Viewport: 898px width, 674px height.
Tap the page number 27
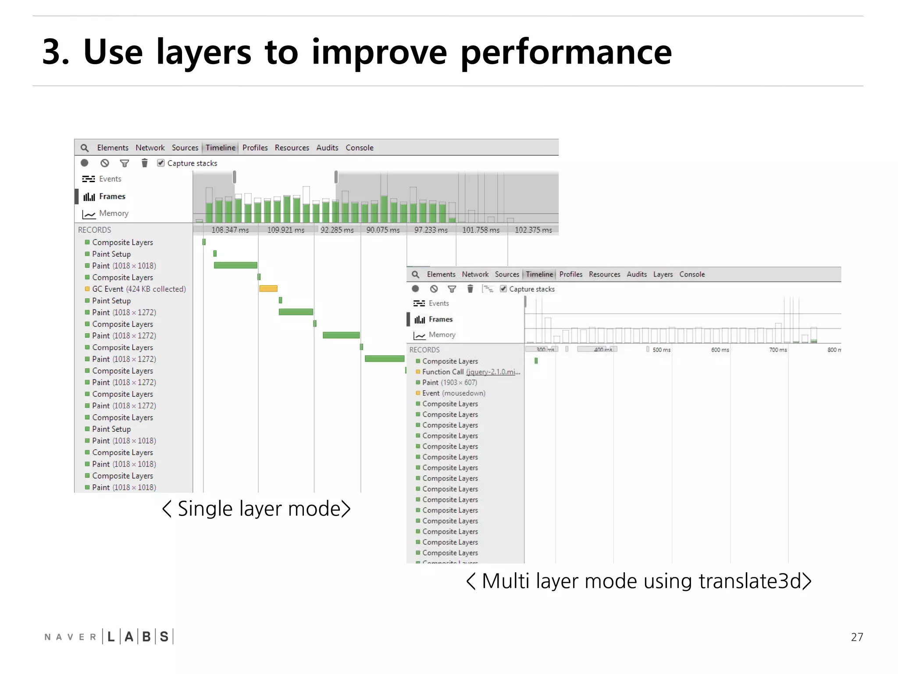coord(857,637)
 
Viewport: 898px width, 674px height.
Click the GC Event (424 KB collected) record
coord(139,289)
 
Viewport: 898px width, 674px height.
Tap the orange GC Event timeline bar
coord(268,289)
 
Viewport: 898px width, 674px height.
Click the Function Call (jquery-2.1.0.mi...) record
coord(471,372)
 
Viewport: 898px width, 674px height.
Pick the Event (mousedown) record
coord(453,393)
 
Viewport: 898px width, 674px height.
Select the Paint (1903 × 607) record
coord(449,382)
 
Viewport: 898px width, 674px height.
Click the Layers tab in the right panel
coord(663,274)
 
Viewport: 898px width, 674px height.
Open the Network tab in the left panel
coord(150,148)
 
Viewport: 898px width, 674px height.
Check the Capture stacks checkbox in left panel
coord(161,163)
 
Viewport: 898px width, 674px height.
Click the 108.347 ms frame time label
coord(230,230)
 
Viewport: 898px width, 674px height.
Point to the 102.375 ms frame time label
coord(533,230)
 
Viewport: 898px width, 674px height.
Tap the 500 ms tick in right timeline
coord(661,350)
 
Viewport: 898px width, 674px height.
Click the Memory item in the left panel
coord(114,213)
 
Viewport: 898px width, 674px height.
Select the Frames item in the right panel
coord(440,319)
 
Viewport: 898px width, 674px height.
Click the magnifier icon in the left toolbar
coord(85,148)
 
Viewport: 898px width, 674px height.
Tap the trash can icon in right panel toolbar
coord(470,289)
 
